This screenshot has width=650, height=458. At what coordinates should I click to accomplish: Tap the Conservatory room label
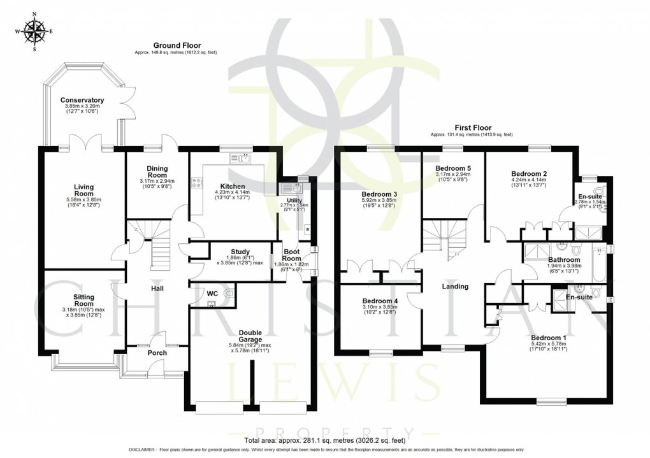click(82, 101)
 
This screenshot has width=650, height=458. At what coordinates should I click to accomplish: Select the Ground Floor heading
click(175, 45)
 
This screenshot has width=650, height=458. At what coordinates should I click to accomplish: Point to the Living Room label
click(83, 190)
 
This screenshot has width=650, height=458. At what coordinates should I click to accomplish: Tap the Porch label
click(157, 352)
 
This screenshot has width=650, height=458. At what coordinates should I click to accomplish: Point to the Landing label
click(455, 287)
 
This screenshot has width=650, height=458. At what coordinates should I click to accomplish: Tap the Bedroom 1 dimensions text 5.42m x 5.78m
click(548, 345)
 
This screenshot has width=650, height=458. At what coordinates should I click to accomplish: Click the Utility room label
click(285, 201)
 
